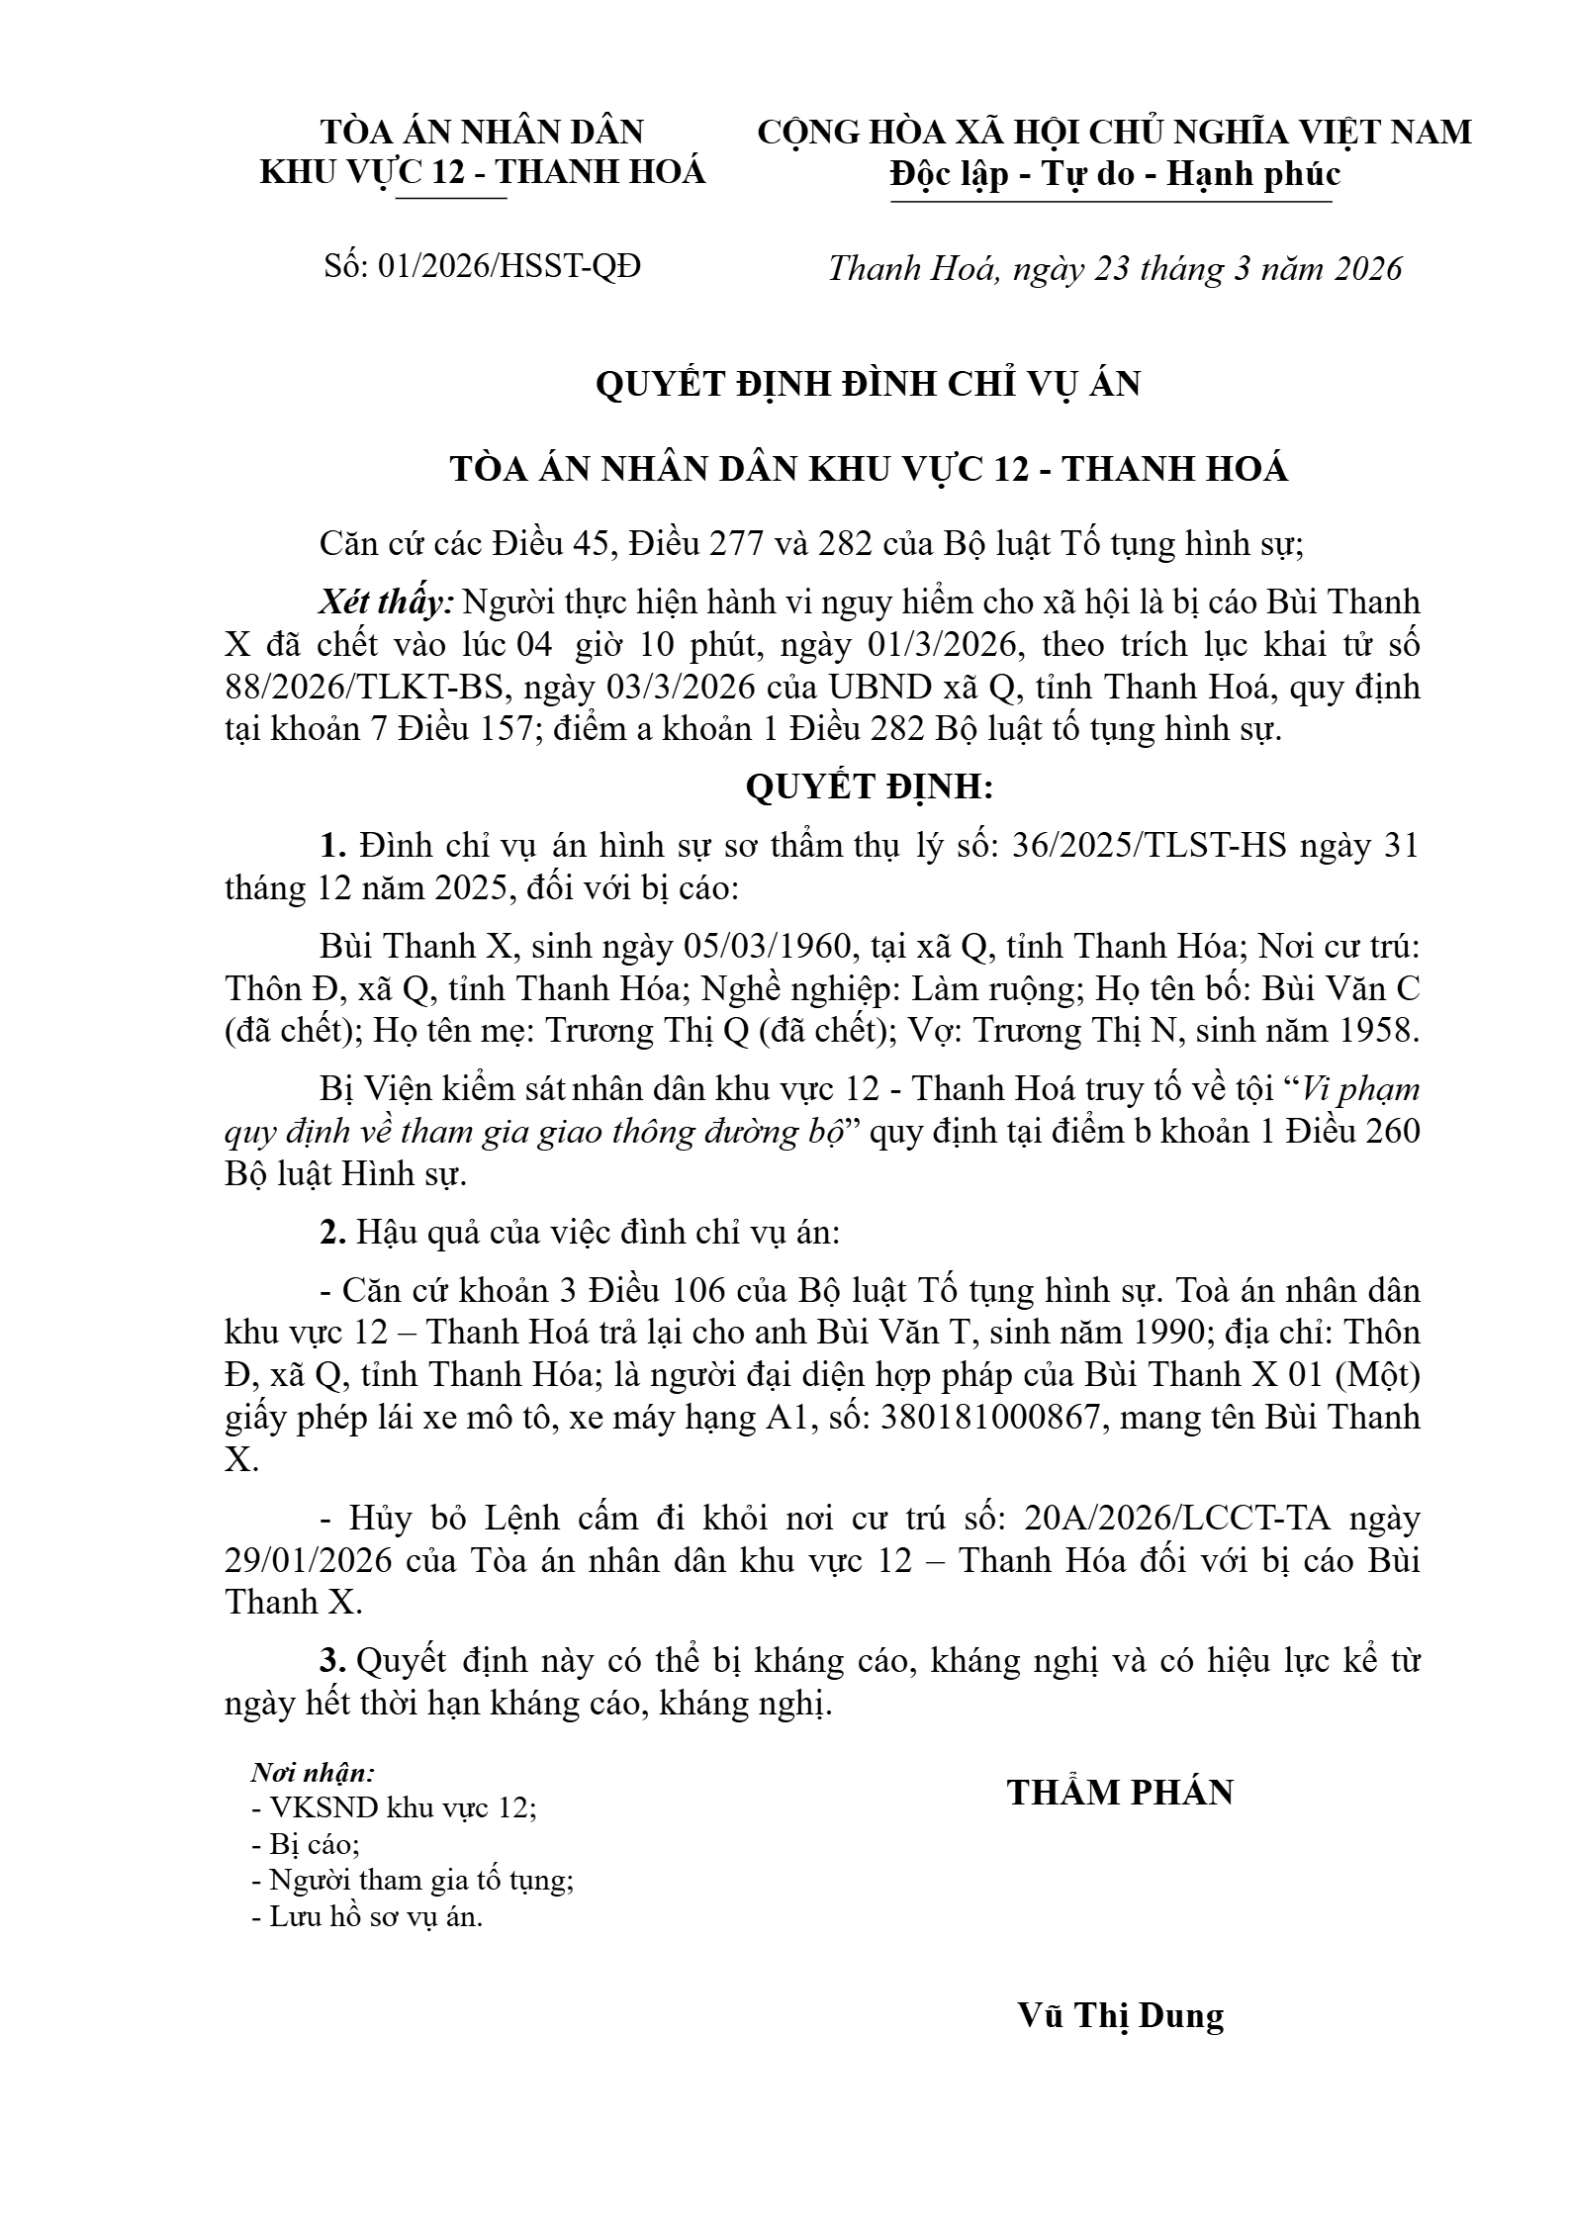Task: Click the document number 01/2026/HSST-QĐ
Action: click(509, 266)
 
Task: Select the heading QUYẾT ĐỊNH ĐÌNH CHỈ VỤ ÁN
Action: click(868, 384)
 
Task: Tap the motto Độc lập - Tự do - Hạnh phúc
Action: click(1115, 174)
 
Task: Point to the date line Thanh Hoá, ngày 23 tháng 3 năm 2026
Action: click(1115, 269)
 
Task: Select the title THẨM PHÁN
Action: click(1121, 1793)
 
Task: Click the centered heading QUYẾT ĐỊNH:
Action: click(868, 787)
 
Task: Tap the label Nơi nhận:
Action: click(313, 1772)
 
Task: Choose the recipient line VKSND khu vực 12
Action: click(394, 1808)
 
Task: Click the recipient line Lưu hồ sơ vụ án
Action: click(368, 1917)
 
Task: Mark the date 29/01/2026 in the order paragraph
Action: click(310, 1561)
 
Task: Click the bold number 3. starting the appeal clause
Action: click(331, 1661)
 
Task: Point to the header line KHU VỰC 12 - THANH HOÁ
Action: click(482, 172)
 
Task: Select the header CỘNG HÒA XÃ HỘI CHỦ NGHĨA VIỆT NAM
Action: click(1115, 132)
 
